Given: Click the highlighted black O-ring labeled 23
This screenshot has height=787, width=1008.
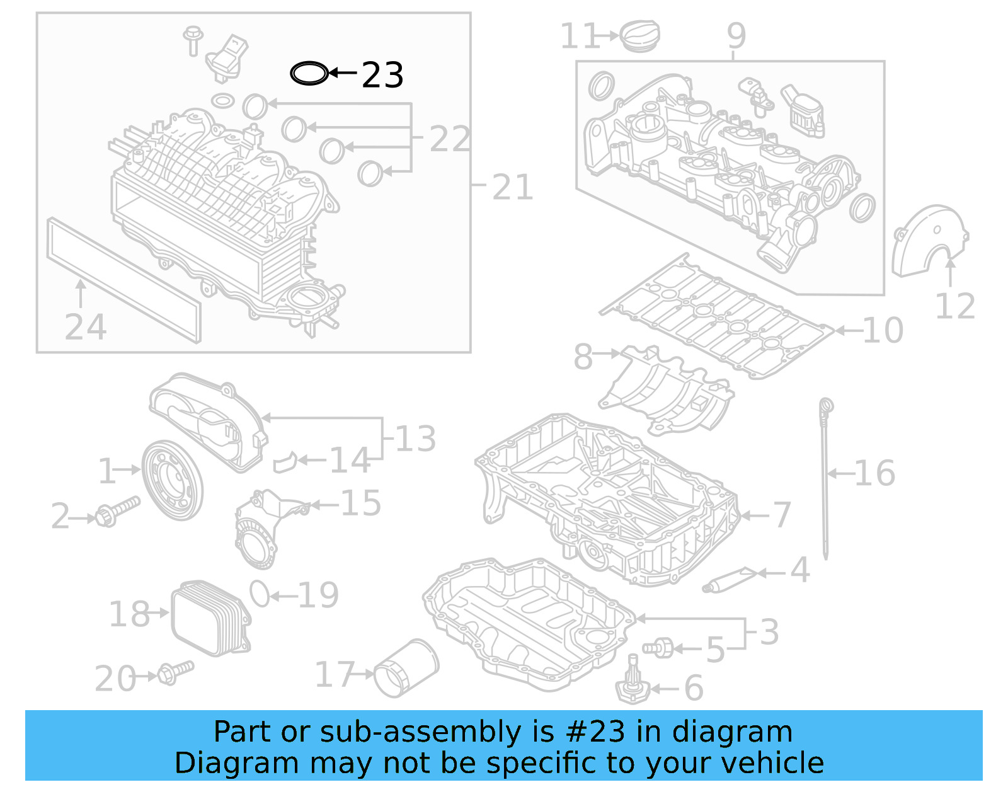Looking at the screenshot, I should [x=309, y=74].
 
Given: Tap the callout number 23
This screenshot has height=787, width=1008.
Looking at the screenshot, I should [x=382, y=76].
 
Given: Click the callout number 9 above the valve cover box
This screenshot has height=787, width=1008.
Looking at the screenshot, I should [x=736, y=36].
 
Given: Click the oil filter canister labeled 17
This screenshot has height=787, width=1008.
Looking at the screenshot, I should [x=406, y=669].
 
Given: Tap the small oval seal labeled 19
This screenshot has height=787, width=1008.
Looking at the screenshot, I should [x=260, y=594].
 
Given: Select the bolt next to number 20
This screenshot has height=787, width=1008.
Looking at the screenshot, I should [x=175, y=672].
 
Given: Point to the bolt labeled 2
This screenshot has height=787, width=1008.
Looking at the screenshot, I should [x=117, y=511].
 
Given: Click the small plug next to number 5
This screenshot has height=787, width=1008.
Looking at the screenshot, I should [x=658, y=647].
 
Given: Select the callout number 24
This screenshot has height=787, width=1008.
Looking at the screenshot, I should [x=86, y=327].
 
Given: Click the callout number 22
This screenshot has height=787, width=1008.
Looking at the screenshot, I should [x=450, y=139].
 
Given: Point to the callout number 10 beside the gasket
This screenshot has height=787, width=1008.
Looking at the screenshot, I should [x=883, y=330].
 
